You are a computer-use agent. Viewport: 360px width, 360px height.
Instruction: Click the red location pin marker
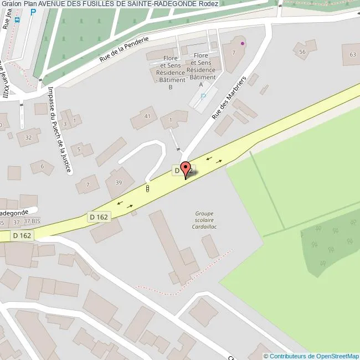pos(186,169)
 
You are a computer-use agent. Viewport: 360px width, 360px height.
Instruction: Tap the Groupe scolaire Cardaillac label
pos(203,220)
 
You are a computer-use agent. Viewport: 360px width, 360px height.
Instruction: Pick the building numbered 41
pos(147,116)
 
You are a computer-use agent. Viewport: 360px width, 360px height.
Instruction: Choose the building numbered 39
pos(119,183)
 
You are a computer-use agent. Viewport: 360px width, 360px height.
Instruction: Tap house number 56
pos(302,52)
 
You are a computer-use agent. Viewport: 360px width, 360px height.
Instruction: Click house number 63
pos(353,54)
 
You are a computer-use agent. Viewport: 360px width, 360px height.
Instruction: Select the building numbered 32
pos(28,137)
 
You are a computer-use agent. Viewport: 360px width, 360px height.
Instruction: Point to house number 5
pos(80,149)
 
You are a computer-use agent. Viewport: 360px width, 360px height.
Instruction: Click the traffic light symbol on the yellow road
pos(148,189)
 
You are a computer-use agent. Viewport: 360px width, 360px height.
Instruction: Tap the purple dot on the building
pos(242,43)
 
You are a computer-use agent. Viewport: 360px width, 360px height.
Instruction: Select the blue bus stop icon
pos(17,20)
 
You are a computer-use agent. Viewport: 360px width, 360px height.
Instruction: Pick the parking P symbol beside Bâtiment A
pos(203,96)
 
